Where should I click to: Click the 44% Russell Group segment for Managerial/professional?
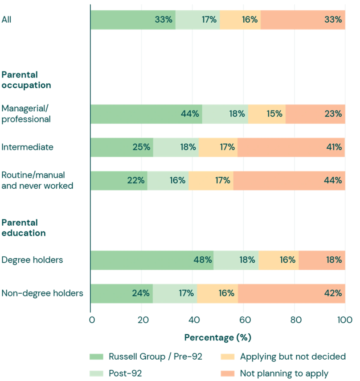[x=146, y=114]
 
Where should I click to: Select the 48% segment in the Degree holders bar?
[x=152, y=260]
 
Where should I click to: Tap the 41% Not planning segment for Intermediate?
[x=291, y=147]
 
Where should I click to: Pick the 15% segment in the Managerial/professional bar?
[x=267, y=114]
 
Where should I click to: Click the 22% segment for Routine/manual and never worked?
[x=119, y=181]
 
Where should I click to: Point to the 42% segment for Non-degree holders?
[x=291, y=293]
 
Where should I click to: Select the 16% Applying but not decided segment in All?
[x=240, y=20]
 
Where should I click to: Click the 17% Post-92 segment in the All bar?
[x=198, y=20]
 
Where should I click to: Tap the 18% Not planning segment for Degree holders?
[x=322, y=260]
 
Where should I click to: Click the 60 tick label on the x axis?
[x=243, y=320]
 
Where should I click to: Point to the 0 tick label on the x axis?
[x=91, y=320]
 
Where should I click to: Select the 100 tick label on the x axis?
[x=345, y=320]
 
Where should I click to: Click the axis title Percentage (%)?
[x=218, y=337]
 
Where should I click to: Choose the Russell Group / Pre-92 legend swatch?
[x=96, y=357]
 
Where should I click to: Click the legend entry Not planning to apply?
[x=284, y=373]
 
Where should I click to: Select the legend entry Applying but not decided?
[x=293, y=357]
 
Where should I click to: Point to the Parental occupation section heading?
[x=26, y=80]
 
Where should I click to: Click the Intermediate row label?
[x=27, y=147]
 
